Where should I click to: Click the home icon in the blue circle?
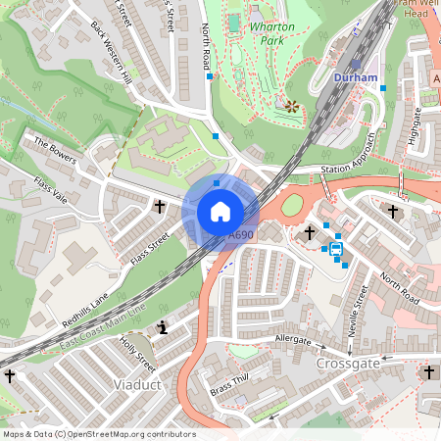click(220, 211)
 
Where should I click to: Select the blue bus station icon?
click(336, 249)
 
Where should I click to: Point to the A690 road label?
click(241, 235)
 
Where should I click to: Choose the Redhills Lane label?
click(85, 310)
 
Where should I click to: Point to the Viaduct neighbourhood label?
click(136, 384)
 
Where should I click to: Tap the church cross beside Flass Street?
click(160, 207)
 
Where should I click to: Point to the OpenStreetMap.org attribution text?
click(99, 434)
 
